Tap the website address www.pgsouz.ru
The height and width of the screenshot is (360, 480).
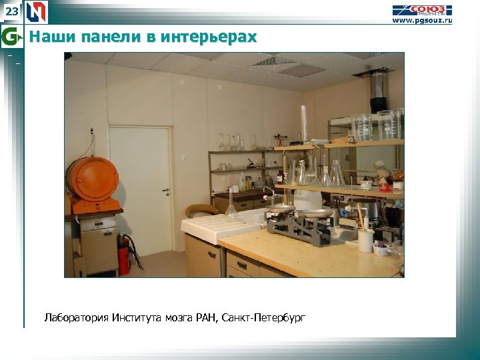click(421, 21)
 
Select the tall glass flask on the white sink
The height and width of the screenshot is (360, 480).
click(231, 205)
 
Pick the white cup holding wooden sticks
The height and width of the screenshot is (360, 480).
click(365, 239)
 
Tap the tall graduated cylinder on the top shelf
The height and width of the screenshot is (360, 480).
click(304, 124)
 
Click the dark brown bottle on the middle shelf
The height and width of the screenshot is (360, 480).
click(281, 177)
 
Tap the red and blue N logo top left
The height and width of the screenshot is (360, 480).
click(37, 11)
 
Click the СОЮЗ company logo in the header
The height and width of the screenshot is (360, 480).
click(421, 9)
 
